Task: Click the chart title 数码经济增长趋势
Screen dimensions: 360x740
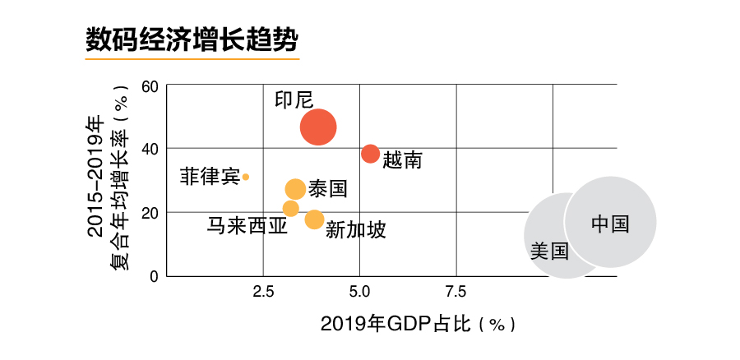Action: click(191, 39)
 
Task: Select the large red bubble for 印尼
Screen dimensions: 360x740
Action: click(318, 127)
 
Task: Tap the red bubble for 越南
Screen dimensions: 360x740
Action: click(371, 154)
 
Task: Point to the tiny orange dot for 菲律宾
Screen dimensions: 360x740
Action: click(246, 177)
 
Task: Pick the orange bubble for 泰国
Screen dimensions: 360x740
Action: click(295, 189)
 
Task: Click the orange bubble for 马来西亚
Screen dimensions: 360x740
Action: click(290, 209)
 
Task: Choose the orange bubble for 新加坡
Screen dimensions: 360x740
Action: click(314, 219)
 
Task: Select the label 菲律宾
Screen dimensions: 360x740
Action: click(210, 176)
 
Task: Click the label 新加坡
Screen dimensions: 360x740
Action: click(355, 229)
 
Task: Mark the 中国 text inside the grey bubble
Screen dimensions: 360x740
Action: click(610, 224)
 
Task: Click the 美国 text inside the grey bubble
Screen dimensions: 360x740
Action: click(549, 252)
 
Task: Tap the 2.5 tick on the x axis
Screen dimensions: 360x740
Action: click(263, 291)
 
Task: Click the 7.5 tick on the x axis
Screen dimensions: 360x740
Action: click(456, 291)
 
